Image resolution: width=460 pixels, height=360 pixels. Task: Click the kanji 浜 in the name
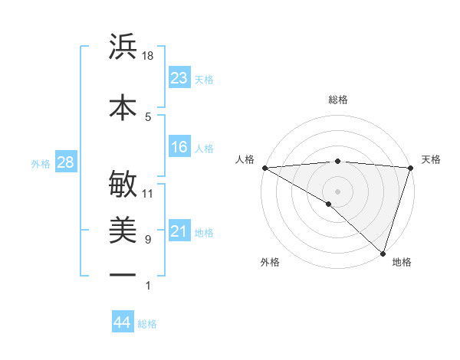[123, 47]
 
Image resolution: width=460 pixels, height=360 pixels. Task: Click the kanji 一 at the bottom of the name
[123, 274]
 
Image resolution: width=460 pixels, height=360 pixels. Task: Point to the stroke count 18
[148, 56]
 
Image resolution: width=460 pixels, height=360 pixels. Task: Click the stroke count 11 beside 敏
[148, 193]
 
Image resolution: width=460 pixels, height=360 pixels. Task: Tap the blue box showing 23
[179, 78]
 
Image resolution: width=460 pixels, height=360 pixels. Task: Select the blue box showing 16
[179, 148]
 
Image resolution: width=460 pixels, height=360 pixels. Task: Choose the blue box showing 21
[179, 231]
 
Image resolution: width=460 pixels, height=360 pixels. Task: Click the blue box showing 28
[65, 162]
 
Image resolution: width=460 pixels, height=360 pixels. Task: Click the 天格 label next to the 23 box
[204, 80]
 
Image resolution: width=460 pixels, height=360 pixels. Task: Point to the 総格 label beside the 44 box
[147, 324]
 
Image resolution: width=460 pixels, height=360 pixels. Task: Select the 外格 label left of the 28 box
[41, 163]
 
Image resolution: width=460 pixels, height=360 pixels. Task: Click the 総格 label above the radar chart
[337, 100]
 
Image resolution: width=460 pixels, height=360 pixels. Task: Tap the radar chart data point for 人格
[264, 167]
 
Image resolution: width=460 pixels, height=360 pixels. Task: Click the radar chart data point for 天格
[410, 167]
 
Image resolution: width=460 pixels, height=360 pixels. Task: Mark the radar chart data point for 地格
[383, 252]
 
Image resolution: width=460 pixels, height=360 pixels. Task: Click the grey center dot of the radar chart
[337, 191]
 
